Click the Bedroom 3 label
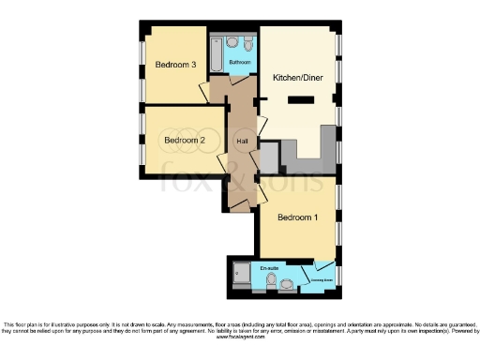click(175, 65)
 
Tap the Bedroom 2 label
click(184, 141)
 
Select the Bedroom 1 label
click(296, 217)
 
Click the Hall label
click(242, 142)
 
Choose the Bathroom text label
click(240, 63)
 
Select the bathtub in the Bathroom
click(216, 54)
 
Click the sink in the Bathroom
click(233, 42)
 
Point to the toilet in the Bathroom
click(247, 43)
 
